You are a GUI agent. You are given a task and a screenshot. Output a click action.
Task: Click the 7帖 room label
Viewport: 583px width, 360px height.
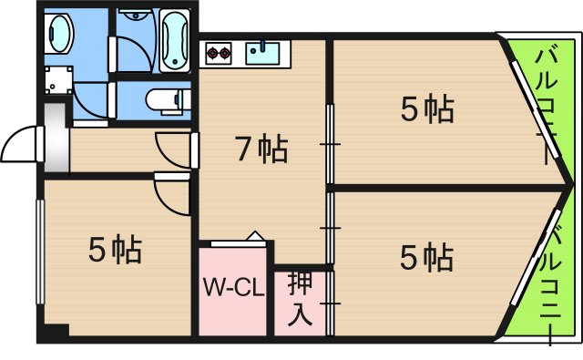(261, 148)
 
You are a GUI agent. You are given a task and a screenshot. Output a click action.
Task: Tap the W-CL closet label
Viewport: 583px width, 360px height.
(233, 290)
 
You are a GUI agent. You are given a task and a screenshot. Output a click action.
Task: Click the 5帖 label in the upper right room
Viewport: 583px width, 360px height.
(427, 110)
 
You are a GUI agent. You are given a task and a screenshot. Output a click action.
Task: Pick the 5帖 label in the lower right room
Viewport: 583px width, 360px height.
(427, 258)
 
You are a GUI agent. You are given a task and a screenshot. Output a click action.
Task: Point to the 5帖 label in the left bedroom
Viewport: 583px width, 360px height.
(115, 248)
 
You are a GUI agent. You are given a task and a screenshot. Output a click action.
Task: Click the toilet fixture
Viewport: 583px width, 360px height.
(163, 99)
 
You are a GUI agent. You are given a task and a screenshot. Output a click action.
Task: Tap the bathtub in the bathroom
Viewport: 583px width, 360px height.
(174, 40)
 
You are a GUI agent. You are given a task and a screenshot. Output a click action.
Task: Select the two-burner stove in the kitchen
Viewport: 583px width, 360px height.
(218, 53)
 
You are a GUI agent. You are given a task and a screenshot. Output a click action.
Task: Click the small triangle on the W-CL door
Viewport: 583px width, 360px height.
(256, 237)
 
